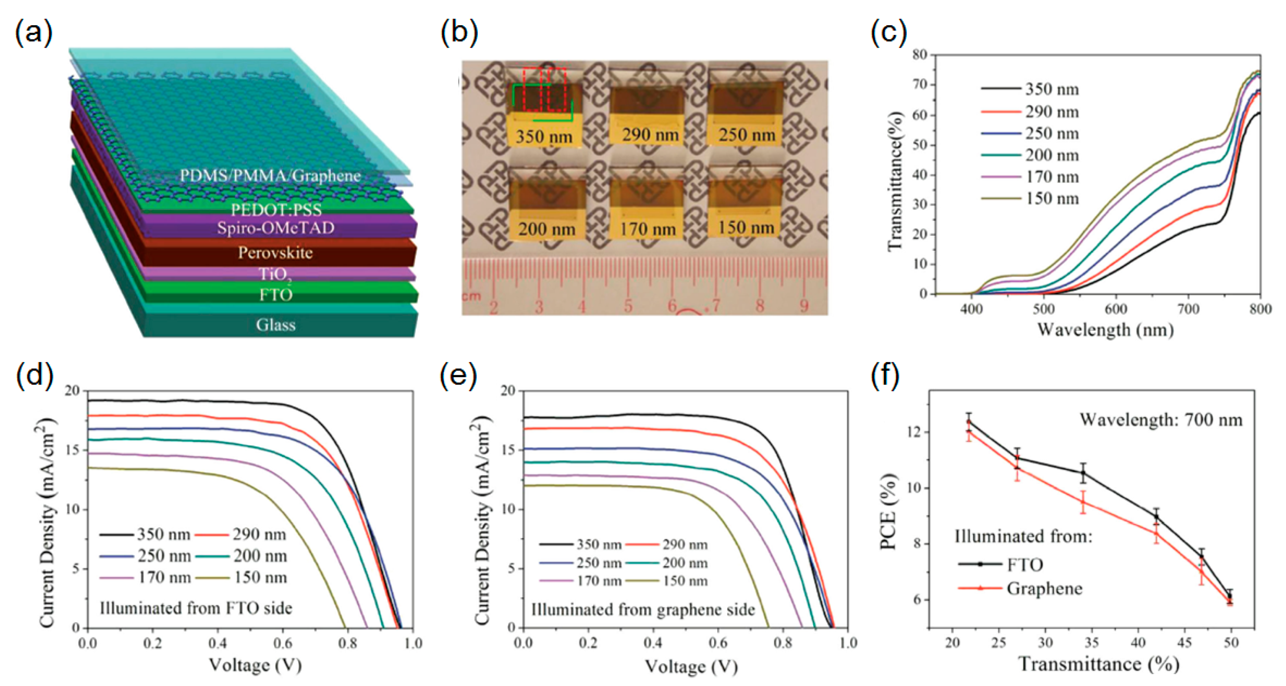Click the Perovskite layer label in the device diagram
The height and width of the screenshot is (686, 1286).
275,253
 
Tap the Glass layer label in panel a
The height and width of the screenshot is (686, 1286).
275,325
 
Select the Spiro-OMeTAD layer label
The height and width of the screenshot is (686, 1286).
275,228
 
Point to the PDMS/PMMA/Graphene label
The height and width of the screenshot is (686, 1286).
270,176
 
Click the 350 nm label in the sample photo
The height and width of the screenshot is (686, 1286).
544,136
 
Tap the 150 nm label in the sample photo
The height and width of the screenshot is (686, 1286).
746,227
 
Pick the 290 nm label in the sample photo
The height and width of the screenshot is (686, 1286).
650,134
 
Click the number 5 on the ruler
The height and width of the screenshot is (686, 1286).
628,306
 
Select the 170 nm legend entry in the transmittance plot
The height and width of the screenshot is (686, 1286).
1052,177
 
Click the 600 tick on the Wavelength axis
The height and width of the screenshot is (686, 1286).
1116,309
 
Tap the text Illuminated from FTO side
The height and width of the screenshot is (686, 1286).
196,608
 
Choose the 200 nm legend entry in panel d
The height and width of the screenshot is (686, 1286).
259,556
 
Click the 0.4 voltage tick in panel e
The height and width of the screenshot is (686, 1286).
653,642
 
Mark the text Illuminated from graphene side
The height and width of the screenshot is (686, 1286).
642,609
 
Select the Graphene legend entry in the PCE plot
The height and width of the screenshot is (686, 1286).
1044,588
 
